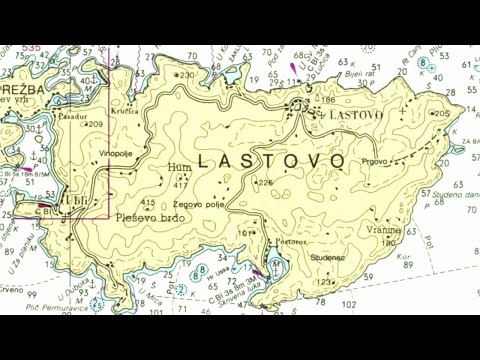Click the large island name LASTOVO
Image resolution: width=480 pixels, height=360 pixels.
click(271, 160)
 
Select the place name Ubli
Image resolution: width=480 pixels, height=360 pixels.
click(76, 197)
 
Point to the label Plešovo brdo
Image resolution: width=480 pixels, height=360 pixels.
click(149, 217)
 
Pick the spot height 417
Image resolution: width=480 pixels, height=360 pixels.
click(181, 185)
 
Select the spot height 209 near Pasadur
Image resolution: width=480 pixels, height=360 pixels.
click(96, 124)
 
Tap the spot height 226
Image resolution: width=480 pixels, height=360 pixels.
click(264, 182)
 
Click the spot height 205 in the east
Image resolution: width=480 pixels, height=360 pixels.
click(442, 113)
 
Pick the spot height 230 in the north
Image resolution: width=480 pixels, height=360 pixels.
click(186, 75)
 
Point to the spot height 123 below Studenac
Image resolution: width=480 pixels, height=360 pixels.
click(323, 282)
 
